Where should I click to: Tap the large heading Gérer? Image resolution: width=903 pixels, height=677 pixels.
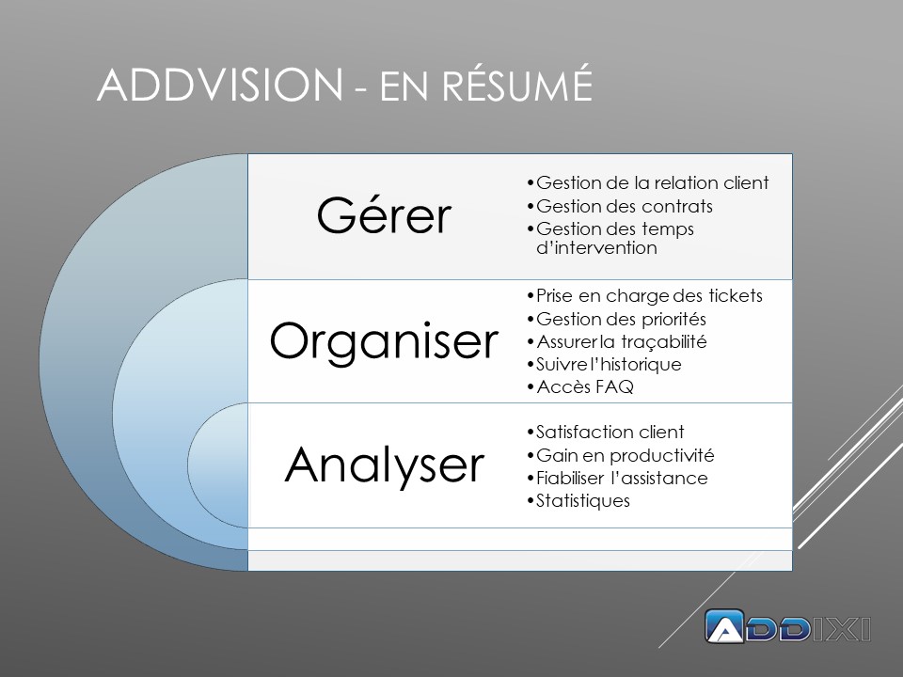[384, 216]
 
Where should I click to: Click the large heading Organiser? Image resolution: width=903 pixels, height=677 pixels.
[384, 342]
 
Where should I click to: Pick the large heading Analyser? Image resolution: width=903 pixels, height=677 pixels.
[384, 464]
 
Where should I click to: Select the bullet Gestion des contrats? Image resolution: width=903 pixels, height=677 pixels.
[624, 206]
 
